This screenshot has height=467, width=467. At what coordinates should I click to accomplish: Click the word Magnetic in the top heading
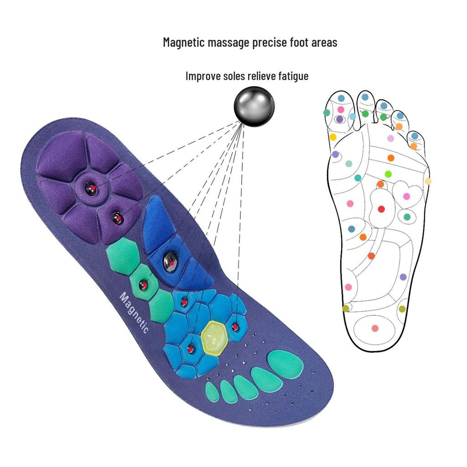click(184, 42)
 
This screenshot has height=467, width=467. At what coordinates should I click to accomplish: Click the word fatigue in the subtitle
click(293, 76)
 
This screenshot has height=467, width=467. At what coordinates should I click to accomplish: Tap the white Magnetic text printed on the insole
click(134, 312)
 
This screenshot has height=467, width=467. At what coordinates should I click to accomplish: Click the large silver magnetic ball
click(254, 107)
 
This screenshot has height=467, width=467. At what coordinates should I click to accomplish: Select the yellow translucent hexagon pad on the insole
click(214, 338)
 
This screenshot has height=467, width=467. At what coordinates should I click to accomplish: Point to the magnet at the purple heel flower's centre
click(91, 189)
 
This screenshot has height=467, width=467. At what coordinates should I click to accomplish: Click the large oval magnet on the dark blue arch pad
click(171, 261)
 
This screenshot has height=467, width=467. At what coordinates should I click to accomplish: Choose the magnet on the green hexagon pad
click(143, 285)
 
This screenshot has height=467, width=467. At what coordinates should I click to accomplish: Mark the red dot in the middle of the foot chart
click(381, 209)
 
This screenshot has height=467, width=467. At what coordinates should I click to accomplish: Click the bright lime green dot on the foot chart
click(388, 174)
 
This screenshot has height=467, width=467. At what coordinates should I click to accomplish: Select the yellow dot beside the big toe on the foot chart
click(333, 137)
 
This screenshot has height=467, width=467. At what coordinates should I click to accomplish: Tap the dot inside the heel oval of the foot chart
click(375, 328)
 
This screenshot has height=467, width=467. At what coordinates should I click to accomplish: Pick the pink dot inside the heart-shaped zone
click(406, 196)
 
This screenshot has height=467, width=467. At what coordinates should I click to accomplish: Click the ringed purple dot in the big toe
click(339, 119)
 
